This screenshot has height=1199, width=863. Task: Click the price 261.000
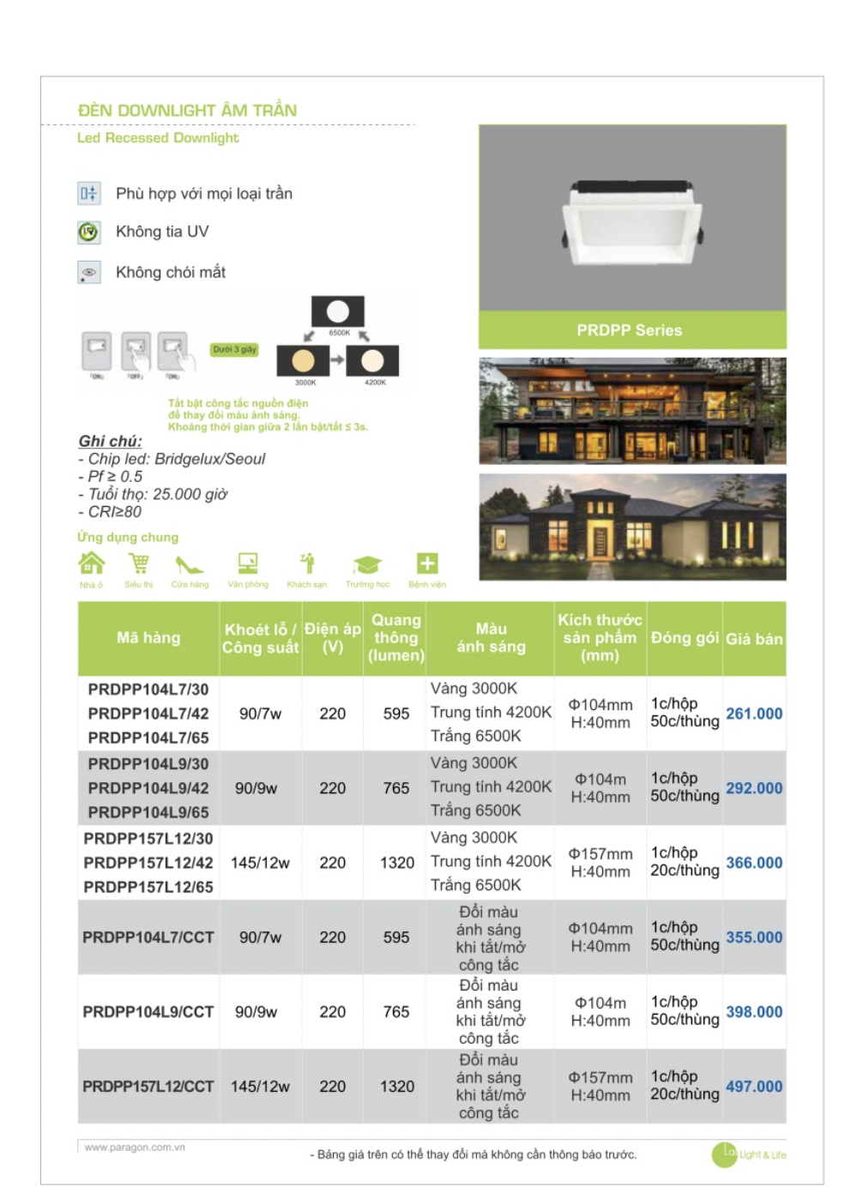753,714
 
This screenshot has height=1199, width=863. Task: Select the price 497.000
753,1087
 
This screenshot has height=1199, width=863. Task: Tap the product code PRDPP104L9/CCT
148,1012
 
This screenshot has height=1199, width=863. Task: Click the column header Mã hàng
148,638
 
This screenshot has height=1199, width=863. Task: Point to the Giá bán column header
754,639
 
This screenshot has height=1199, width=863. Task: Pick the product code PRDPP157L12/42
148,863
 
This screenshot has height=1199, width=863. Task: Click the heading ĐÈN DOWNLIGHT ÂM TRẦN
187,111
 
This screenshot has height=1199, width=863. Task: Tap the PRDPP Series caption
629,330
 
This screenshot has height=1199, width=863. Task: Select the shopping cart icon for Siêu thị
138,563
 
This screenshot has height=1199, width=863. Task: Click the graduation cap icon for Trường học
367,564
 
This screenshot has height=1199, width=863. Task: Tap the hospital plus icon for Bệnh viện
427,563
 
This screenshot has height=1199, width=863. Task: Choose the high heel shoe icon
189,564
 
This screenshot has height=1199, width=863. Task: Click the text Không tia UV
162,232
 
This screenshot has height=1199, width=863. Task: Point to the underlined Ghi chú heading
110,441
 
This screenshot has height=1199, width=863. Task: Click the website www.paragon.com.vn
135,1148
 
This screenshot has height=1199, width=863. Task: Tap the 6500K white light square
338,311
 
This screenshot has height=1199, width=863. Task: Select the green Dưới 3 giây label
234,350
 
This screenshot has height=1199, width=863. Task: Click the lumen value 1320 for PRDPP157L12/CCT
396,1087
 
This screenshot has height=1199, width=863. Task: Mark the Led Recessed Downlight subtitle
158,138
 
